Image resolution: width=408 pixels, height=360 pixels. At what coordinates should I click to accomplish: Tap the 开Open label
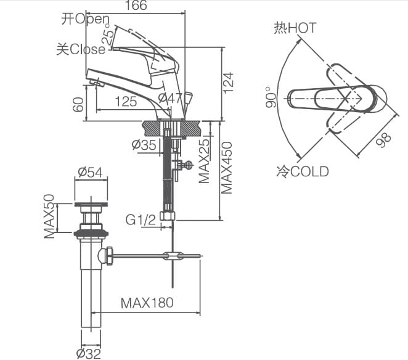pos(86,19)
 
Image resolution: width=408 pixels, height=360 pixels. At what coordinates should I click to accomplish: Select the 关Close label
pos(81,49)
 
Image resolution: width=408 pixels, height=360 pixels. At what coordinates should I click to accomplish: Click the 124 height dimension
pos(229,83)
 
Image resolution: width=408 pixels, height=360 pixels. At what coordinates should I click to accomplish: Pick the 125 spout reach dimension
pos(126,102)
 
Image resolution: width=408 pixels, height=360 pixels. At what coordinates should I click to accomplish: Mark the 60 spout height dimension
pos(78,103)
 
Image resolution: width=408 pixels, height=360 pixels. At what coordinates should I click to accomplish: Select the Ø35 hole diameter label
pos(144,145)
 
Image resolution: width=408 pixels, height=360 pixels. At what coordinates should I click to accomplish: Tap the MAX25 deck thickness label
pos(203,161)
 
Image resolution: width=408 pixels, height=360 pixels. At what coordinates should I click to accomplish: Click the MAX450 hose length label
pos(227,168)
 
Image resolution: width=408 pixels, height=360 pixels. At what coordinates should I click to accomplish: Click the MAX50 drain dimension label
pos(49,216)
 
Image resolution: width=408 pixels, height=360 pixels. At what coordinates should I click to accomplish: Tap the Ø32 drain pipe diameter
pos(89,353)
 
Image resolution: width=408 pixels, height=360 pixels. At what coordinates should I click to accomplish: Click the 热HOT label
pos(295,28)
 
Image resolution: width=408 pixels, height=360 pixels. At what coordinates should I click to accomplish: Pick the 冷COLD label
pos(302,171)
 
